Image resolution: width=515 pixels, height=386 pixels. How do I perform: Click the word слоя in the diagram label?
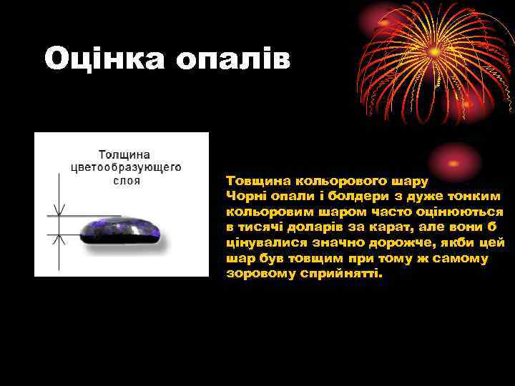click(x=127, y=181)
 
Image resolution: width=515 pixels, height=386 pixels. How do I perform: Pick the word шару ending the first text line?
click(x=411, y=181)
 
